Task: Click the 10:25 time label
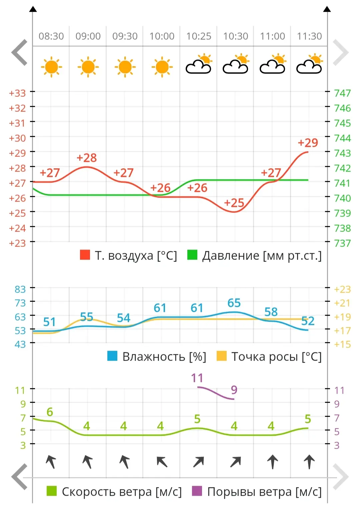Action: click(x=199, y=36)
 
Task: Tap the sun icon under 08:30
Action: click(x=51, y=67)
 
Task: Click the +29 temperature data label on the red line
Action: click(x=308, y=143)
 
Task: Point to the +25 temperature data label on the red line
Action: click(x=234, y=203)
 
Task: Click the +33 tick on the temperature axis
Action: click(x=17, y=93)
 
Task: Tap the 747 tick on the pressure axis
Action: click(x=342, y=93)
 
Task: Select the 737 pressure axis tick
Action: click(x=342, y=243)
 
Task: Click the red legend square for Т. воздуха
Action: click(x=85, y=255)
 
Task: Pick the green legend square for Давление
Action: click(x=192, y=255)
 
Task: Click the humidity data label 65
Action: click(x=234, y=303)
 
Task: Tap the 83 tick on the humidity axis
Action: click(x=20, y=290)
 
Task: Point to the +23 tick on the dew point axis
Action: click(x=342, y=290)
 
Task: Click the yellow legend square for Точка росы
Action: click(x=222, y=356)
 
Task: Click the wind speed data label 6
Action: click(x=50, y=412)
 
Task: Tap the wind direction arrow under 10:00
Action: click(x=162, y=462)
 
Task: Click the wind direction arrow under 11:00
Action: click(x=273, y=462)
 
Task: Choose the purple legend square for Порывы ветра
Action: click(x=197, y=491)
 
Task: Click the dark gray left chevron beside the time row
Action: click(x=19, y=52)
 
